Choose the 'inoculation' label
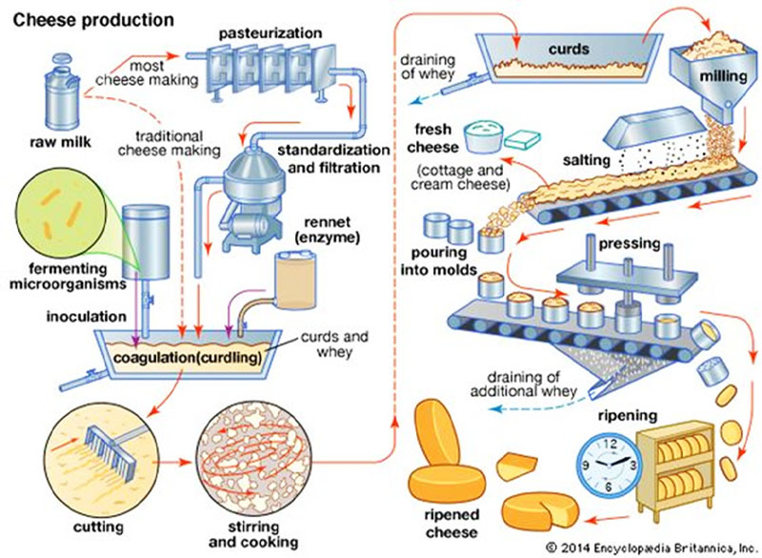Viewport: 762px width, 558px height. [54, 314]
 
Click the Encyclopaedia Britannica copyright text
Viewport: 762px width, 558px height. [650, 547]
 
